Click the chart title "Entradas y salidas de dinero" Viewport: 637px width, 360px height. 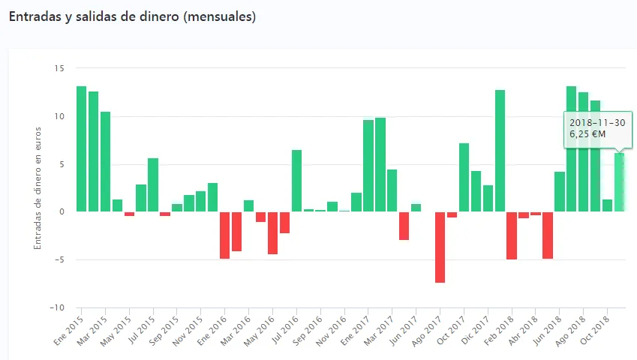click(x=132, y=16)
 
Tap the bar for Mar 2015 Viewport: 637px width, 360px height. click(x=105, y=161)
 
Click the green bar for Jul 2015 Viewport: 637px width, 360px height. click(x=153, y=184)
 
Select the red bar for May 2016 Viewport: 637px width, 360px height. click(x=272, y=232)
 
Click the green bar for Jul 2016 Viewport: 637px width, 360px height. click(x=296, y=181)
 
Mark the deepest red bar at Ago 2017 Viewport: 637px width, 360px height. click(x=440, y=247)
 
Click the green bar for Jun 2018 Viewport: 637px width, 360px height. click(x=560, y=191)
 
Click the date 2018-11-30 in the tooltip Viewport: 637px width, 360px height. click(x=597, y=122)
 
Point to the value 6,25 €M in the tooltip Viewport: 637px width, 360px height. click(x=588, y=134)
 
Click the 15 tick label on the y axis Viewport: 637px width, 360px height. click(x=59, y=68)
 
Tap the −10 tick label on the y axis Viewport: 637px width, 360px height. click(x=57, y=307)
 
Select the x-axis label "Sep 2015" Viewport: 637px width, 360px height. click(x=164, y=330)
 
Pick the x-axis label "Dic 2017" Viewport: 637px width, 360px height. click(x=475, y=330)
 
